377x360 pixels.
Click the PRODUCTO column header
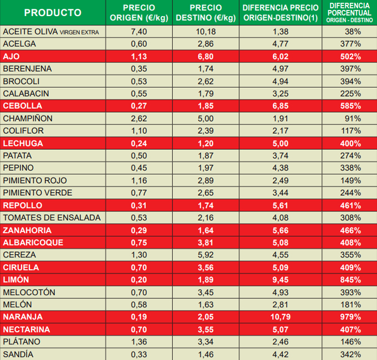(x=53, y=13)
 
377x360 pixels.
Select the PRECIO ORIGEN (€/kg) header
(x=139, y=13)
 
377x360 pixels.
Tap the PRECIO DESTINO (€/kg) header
(x=206, y=13)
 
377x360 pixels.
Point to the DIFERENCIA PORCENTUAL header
(x=349, y=13)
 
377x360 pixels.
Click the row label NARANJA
(x=23, y=317)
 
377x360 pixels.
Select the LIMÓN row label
(x=16, y=280)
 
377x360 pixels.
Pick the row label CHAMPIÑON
(x=28, y=118)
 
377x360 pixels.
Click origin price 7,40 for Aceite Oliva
(x=139, y=32)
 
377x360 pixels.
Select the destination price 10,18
(x=206, y=32)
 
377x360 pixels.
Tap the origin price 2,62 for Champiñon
(x=139, y=118)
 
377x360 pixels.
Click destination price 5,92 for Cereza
(x=206, y=255)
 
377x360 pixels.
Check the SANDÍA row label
(x=18, y=354)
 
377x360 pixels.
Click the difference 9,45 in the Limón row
(x=281, y=280)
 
